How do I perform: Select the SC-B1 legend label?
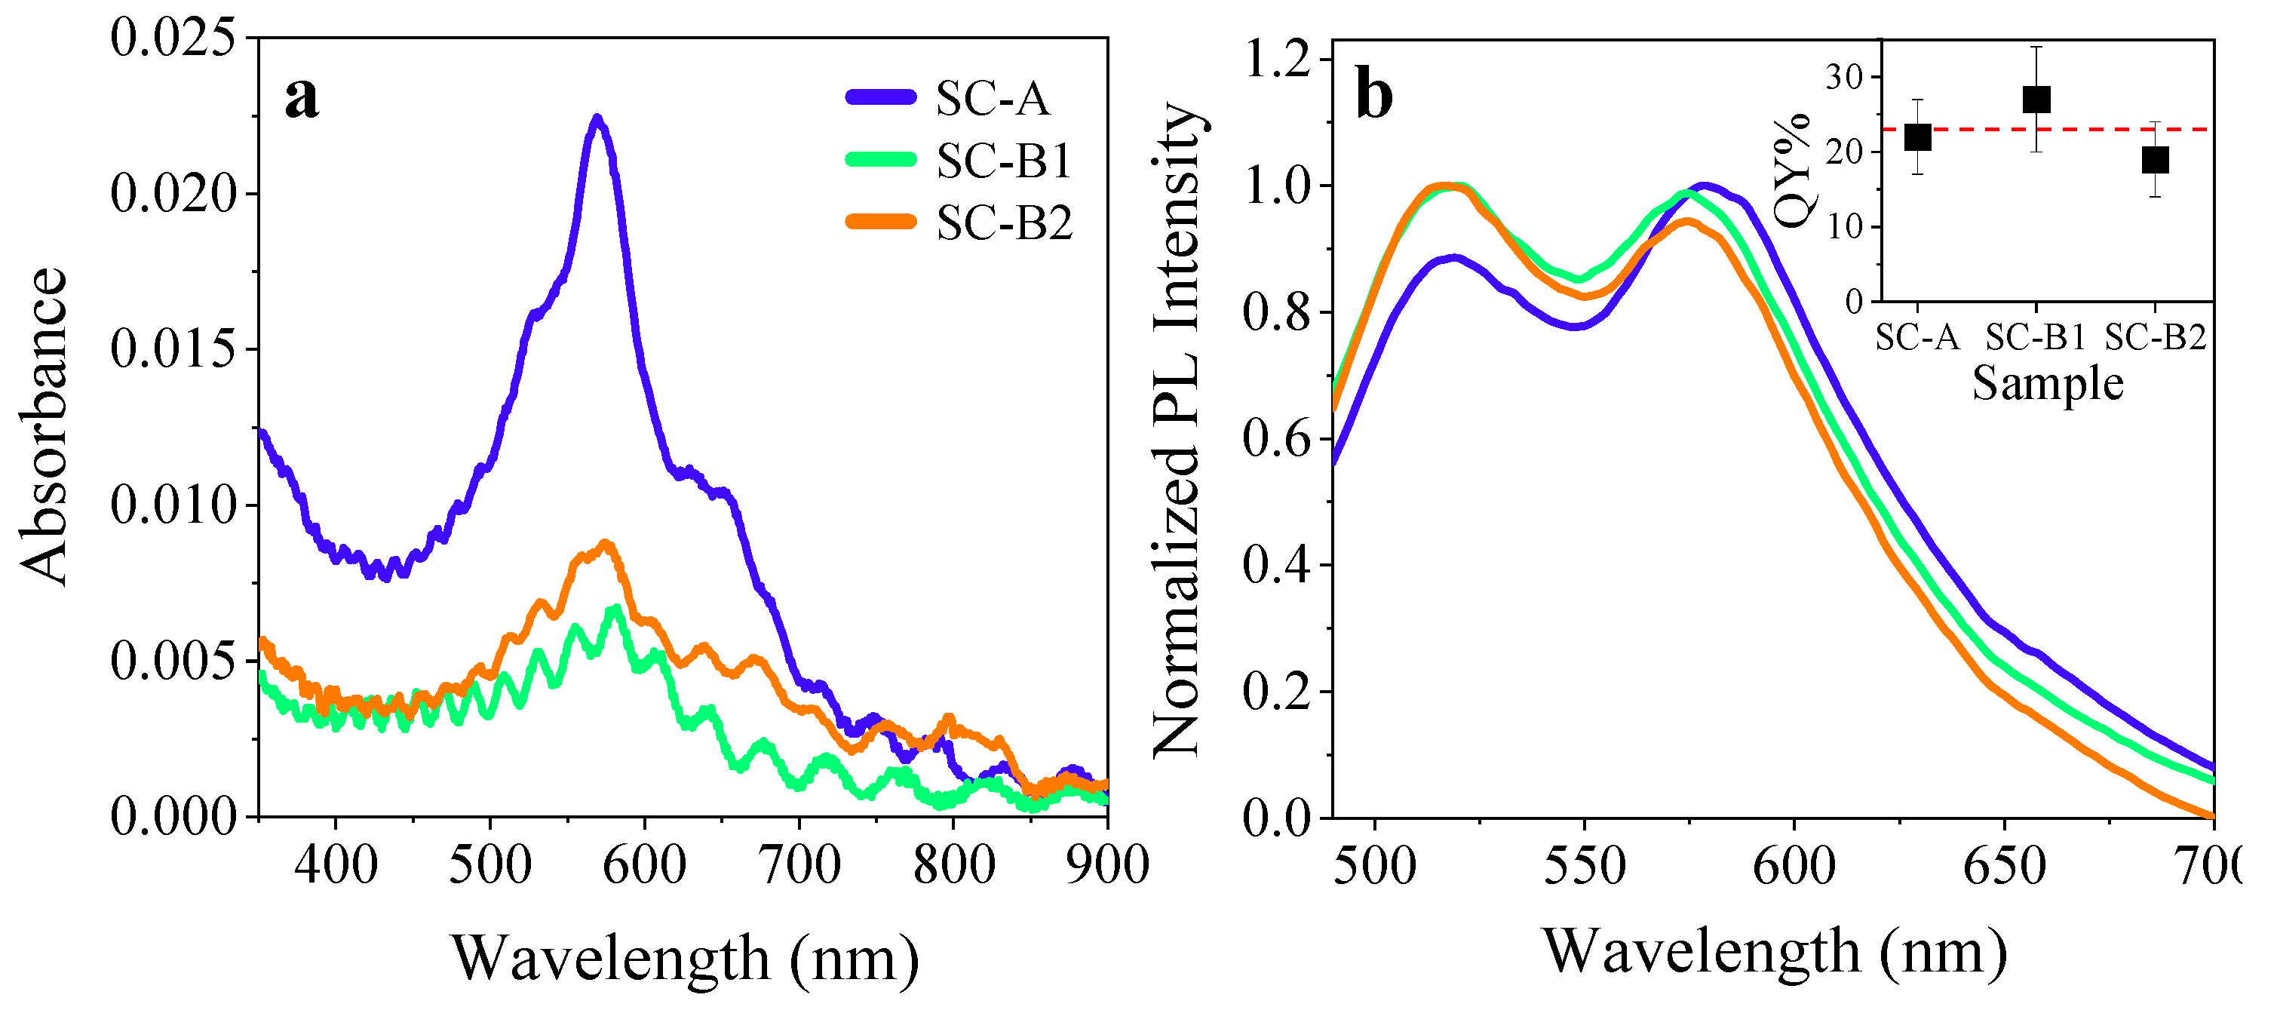click(x=1004, y=161)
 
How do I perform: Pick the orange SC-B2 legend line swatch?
click(x=880, y=222)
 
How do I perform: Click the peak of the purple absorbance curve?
click(x=597, y=118)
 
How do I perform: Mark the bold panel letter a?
click(x=302, y=97)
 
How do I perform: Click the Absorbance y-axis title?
click(x=42, y=427)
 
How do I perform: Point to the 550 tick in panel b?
click(x=1584, y=866)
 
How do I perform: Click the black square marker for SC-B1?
click(x=2036, y=99)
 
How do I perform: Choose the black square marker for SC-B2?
click(x=2155, y=160)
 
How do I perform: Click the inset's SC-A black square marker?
click(x=1917, y=137)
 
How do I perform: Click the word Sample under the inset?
click(x=2047, y=383)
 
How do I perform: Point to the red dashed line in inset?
click(x=2095, y=129)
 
